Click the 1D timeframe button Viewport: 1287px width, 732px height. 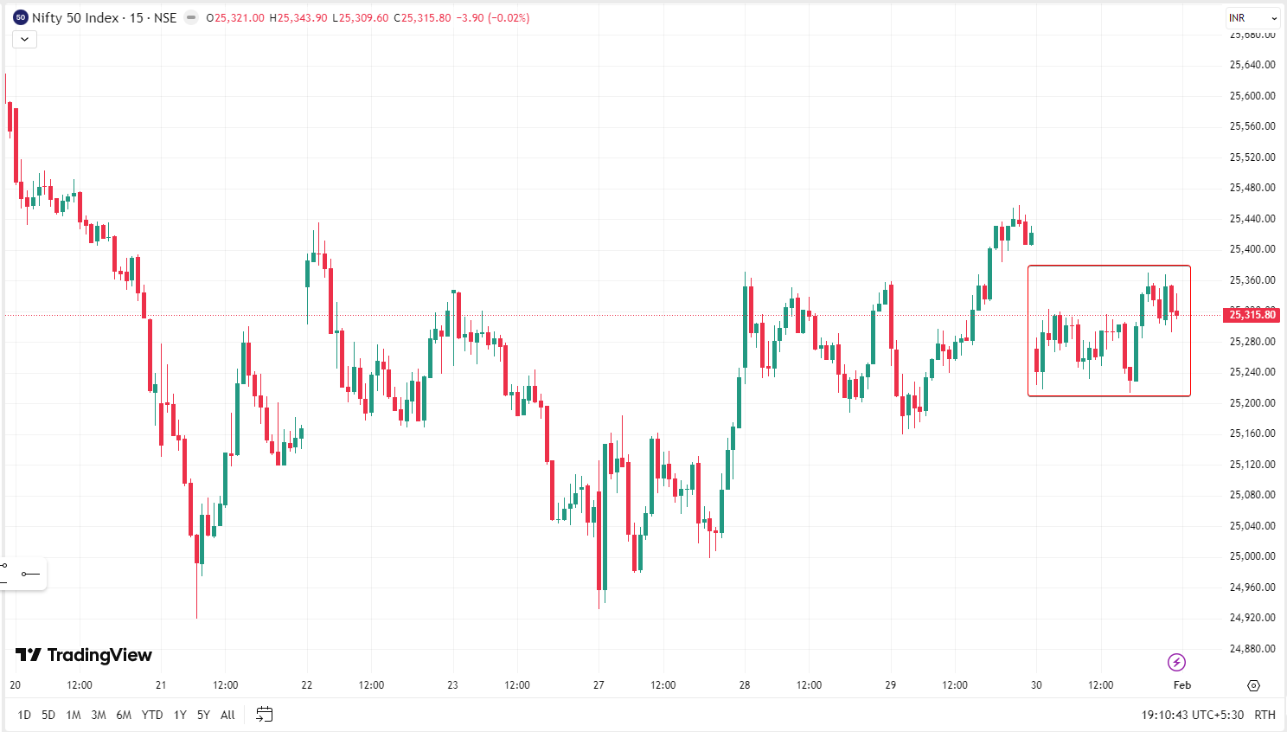tap(24, 715)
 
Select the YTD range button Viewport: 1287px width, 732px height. tap(152, 715)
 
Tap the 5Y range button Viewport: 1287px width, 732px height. tap(203, 715)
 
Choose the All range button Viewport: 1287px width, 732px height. tap(227, 715)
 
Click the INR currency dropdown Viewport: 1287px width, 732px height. tap(1252, 17)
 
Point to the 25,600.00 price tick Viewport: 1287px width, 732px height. tap(1252, 95)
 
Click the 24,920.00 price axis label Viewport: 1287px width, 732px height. tap(1252, 618)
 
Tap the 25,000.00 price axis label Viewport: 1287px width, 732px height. tap(1252, 556)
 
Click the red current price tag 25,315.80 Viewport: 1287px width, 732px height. tap(1252, 315)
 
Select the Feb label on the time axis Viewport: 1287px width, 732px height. tap(1182, 685)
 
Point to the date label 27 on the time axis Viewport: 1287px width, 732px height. tap(599, 685)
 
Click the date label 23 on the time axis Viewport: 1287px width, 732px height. tap(452, 685)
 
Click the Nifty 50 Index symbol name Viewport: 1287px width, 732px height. tap(75, 17)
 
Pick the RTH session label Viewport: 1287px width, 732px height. tap(1265, 715)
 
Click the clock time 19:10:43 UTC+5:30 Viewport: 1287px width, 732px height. tap(1192, 715)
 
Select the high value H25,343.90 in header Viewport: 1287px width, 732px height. tap(298, 17)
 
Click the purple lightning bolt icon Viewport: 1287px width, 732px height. tap(1176, 662)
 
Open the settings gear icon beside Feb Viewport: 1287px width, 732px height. tap(1253, 685)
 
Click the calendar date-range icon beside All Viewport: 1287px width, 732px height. tap(265, 715)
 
